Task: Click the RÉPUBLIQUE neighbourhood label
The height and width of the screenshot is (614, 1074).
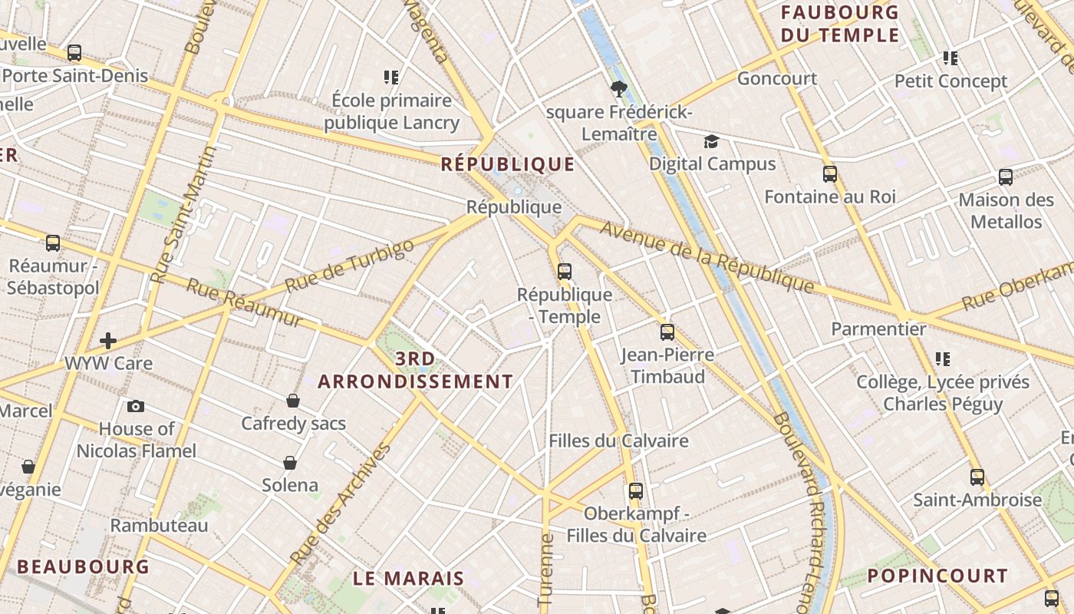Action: pos(508,164)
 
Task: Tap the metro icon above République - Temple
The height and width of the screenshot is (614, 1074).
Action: pos(565,271)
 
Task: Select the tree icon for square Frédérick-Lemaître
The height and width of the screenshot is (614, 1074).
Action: pos(618,89)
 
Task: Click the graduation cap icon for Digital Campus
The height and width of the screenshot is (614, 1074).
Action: pos(711,141)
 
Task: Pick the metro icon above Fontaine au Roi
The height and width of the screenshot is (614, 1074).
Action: pos(829,174)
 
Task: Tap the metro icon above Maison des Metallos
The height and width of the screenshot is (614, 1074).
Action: pos(1006,177)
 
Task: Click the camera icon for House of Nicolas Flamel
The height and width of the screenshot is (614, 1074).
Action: pos(136,406)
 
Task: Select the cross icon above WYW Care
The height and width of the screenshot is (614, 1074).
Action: pos(108,340)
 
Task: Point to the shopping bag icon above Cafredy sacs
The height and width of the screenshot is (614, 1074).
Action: pos(293,401)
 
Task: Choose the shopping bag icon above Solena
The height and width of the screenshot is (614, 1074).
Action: pos(290,462)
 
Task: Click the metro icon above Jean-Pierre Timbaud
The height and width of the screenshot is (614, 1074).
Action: pos(667,332)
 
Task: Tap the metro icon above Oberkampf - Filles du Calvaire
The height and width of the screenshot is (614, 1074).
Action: pos(636,491)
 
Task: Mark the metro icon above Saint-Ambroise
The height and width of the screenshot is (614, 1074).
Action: pos(977,477)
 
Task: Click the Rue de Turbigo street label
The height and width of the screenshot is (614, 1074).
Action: pos(350,266)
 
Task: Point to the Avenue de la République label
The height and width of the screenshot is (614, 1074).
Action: pos(707,256)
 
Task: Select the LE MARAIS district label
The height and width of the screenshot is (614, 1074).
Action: pos(409,579)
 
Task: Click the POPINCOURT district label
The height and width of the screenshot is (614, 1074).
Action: pos(937,576)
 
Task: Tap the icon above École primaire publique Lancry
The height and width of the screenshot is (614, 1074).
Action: pos(391,78)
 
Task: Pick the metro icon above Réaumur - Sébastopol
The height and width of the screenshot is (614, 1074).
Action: pos(53,243)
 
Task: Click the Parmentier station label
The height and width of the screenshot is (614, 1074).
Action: pos(879,329)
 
